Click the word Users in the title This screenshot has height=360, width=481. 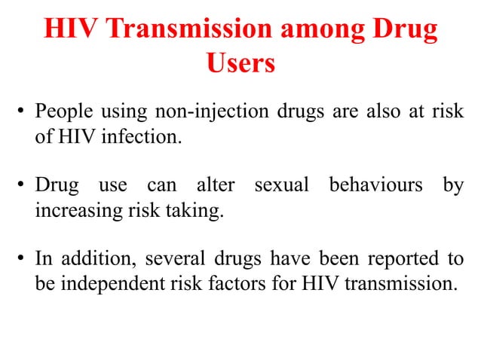pos(240,63)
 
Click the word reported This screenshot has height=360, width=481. pos(403,258)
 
